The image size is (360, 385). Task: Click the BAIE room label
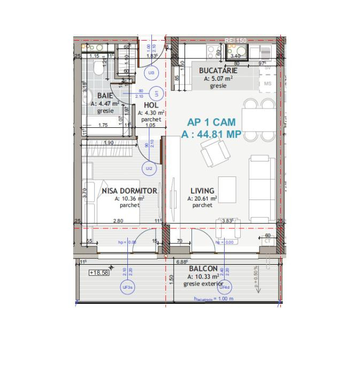105,95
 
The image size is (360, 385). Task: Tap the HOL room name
151,105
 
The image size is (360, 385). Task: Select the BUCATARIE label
218,71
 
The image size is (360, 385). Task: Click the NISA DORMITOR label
129,190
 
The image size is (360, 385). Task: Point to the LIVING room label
202,190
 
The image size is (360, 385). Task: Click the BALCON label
203,268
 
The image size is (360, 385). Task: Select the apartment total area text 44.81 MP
211,135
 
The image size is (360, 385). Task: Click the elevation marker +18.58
99,272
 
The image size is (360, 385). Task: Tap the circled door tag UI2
149,168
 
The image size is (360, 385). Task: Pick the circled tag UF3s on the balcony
128,287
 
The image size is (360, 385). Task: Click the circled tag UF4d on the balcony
225,287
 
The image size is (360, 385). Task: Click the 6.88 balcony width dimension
183,262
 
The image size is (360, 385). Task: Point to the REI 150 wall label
235,40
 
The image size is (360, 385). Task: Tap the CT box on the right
267,241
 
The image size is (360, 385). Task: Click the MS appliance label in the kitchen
267,83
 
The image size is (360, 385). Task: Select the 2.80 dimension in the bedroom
118,221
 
